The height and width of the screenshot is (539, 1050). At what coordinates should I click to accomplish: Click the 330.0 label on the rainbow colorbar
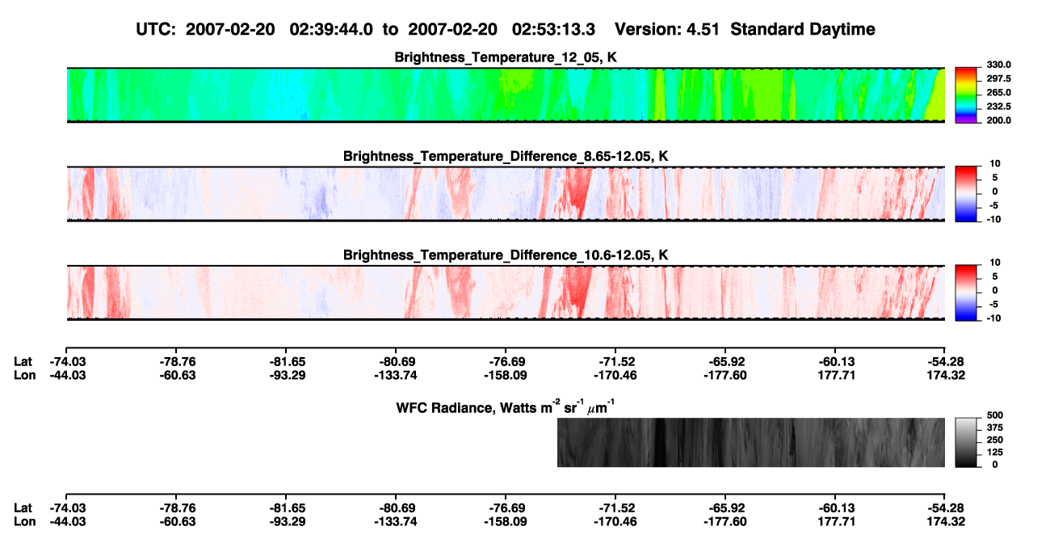tap(998, 65)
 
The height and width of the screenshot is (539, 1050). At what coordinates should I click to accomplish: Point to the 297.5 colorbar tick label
tap(998, 78)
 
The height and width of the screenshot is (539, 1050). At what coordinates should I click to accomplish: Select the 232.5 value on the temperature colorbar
tap(998, 107)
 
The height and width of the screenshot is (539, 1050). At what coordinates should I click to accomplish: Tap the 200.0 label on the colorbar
tap(998, 120)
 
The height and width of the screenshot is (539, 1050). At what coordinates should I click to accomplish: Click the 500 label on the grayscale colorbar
tap(995, 415)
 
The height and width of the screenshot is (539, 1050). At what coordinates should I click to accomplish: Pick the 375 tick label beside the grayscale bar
tap(995, 427)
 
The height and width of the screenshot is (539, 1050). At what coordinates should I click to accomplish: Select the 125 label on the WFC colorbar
tap(995, 453)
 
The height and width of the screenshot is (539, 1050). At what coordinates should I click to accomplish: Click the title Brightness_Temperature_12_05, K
tap(506, 57)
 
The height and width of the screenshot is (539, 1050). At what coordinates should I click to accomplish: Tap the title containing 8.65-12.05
tap(506, 156)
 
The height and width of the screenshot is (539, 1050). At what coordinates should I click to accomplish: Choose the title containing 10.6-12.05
tap(506, 255)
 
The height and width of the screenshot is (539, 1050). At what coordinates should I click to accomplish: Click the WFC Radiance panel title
tap(506, 406)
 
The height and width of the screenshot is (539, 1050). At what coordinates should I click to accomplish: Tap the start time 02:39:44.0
tap(331, 30)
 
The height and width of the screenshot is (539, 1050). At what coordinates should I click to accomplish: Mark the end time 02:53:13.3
tap(553, 30)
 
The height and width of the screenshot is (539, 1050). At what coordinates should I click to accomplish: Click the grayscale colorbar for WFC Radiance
tap(966, 442)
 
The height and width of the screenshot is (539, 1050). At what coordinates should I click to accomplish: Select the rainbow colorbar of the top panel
tap(966, 95)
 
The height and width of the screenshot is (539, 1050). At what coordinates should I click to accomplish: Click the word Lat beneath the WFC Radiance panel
tap(23, 507)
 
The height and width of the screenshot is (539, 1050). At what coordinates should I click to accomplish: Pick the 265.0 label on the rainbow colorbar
tap(998, 92)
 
